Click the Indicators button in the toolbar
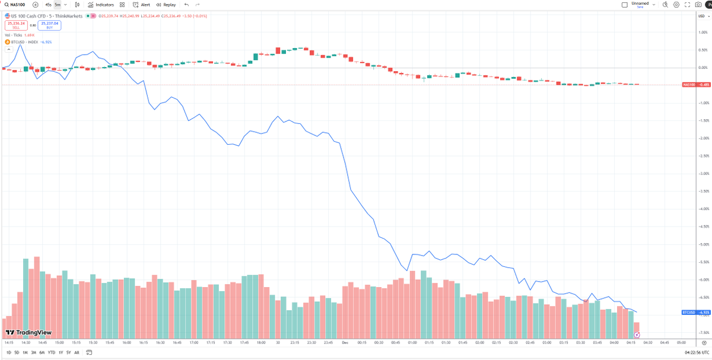(100, 5)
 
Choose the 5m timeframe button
(58, 5)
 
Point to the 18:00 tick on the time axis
(261, 343)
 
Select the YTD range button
(51, 352)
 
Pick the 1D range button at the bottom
(8, 352)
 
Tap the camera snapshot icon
(698, 5)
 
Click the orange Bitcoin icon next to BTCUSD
(7, 42)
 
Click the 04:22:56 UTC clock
(690, 352)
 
